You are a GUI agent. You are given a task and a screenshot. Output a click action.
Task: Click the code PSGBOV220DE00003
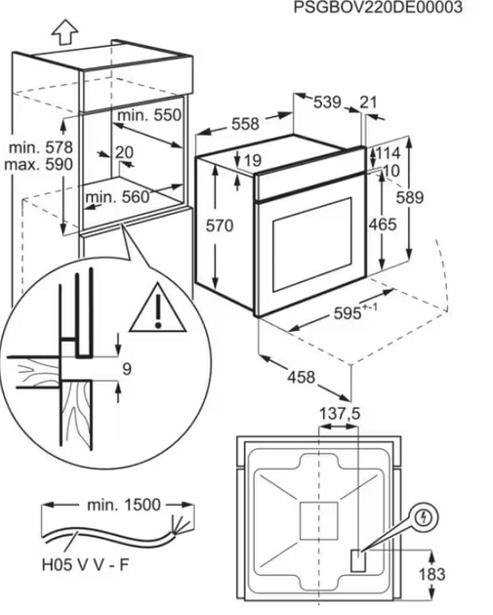378,7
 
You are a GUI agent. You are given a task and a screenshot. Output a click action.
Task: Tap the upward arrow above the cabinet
64,32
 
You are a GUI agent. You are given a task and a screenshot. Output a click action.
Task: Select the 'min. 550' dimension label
149,115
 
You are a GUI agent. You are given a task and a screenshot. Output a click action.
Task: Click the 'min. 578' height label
41,147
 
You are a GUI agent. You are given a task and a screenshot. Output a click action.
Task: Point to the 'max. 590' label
39,164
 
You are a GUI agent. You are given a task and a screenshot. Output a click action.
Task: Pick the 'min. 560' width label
118,197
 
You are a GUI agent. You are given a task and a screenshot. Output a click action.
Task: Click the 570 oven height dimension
220,225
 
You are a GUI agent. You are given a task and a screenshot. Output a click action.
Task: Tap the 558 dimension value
245,124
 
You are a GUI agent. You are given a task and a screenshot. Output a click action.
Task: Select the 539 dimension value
327,102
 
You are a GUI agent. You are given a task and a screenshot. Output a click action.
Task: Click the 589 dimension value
410,197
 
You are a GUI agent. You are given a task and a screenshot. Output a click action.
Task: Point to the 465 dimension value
383,225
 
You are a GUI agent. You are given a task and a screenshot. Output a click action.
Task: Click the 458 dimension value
302,378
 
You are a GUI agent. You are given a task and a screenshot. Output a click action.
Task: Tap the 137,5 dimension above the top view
340,414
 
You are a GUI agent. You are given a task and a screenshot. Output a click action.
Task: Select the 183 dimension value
432,575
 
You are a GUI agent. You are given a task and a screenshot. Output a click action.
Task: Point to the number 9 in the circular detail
127,369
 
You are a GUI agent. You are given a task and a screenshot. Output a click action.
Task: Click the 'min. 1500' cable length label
124,505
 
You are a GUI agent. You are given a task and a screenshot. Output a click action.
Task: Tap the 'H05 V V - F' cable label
86,565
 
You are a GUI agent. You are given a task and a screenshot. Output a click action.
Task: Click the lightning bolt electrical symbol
424,518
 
